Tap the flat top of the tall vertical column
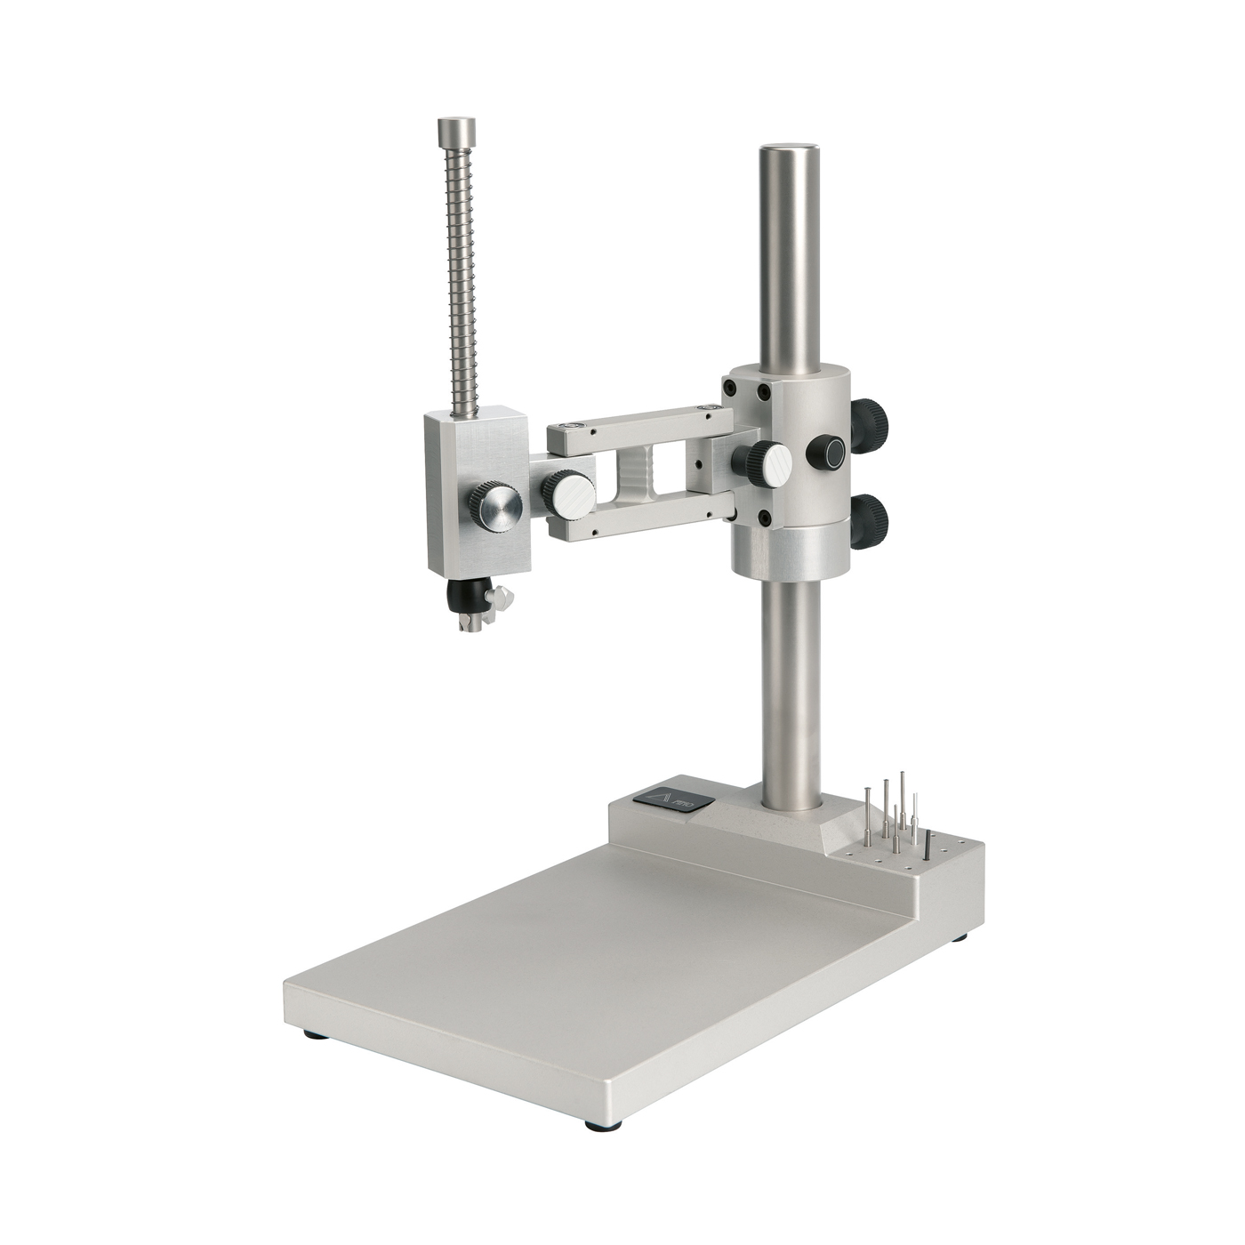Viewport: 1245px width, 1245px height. click(x=789, y=151)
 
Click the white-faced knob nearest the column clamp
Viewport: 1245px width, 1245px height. click(x=762, y=462)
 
